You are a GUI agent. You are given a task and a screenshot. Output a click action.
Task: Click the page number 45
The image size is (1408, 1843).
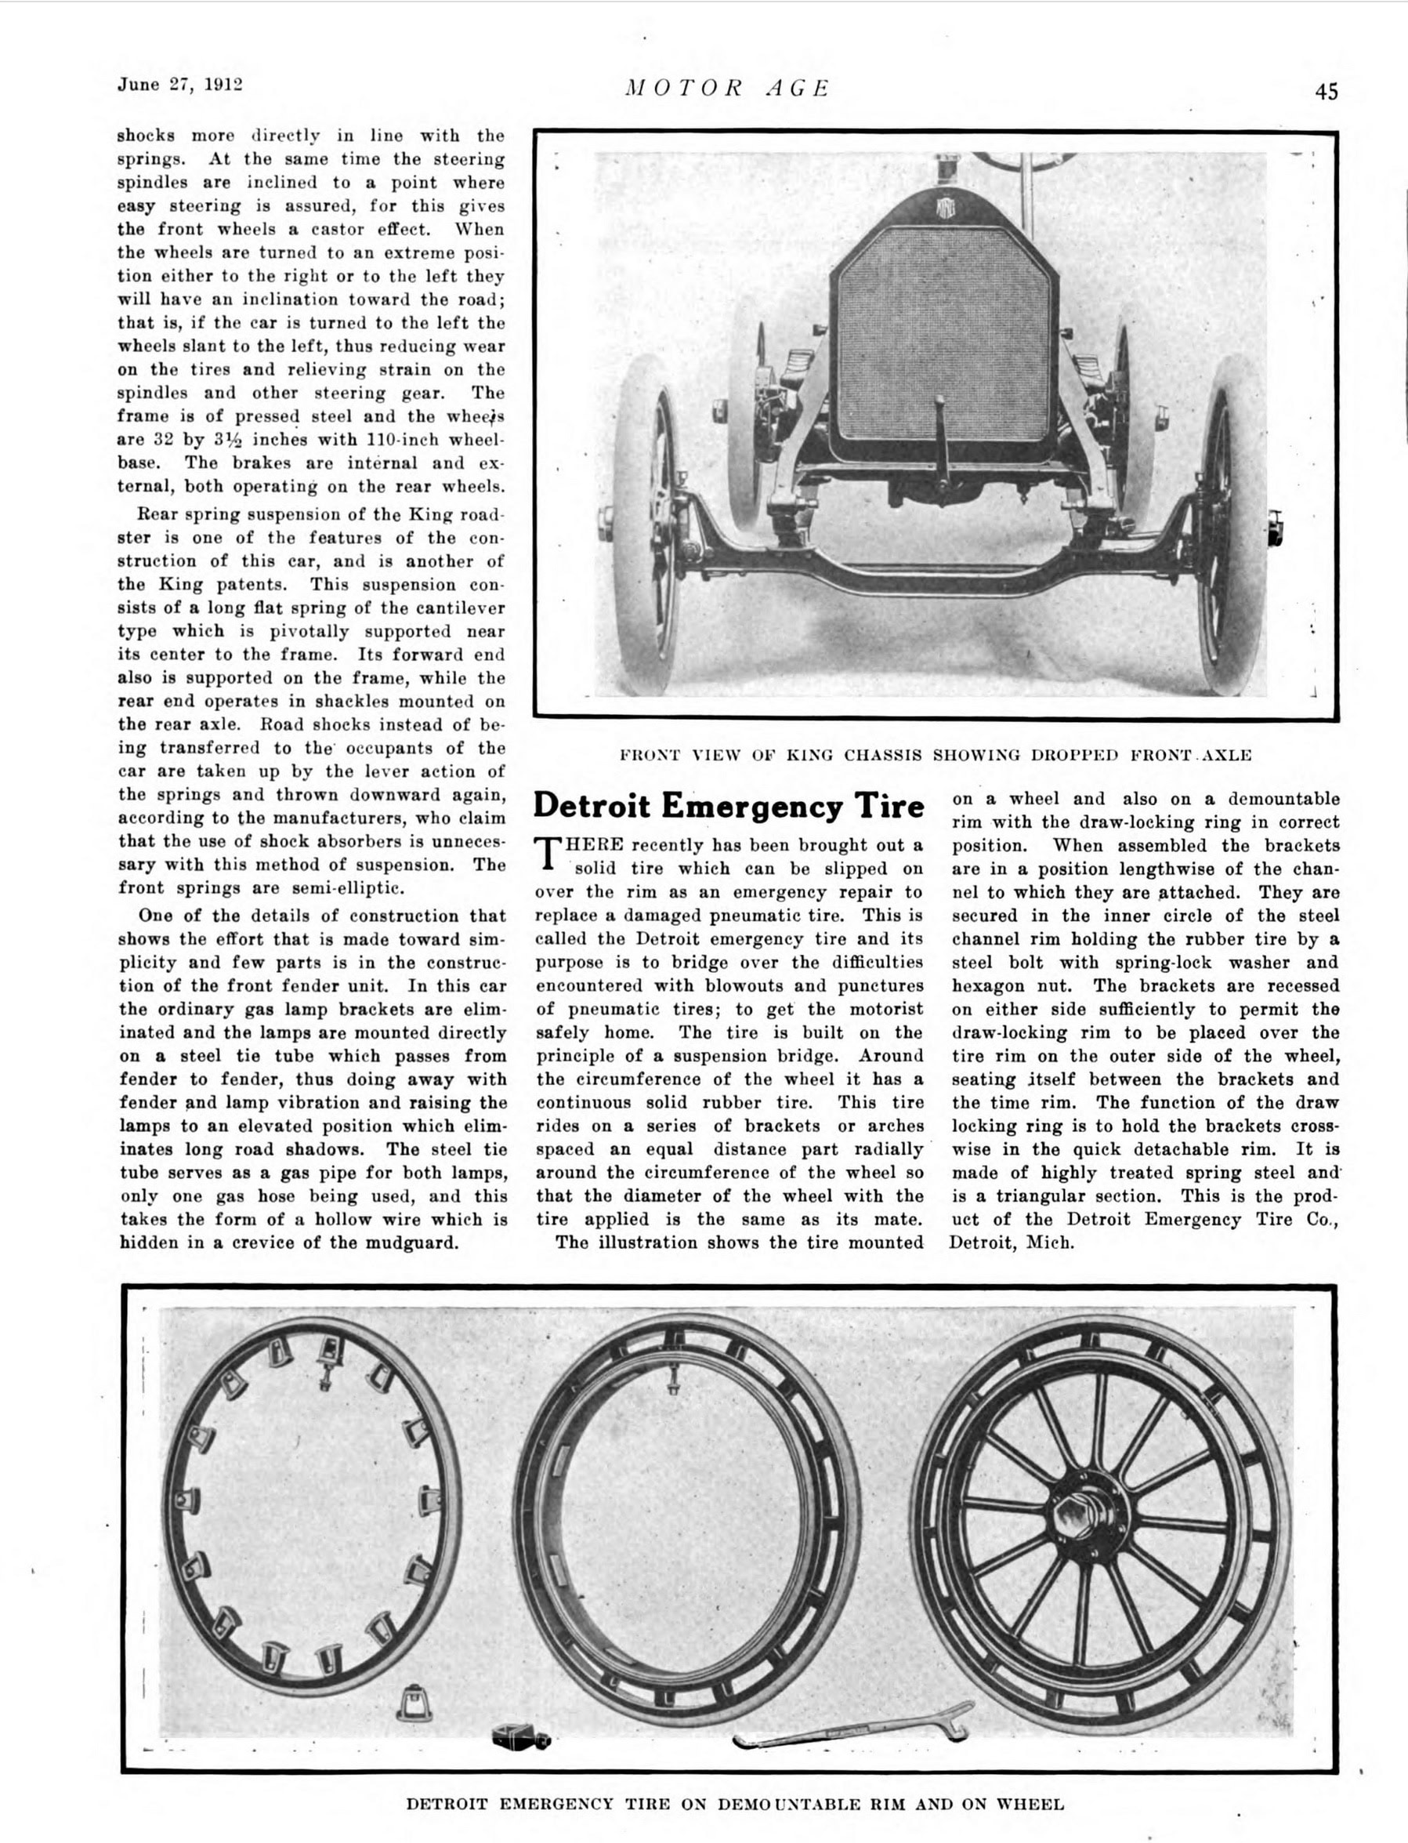[1326, 92]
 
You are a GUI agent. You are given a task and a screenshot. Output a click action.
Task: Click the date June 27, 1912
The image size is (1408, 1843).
[179, 85]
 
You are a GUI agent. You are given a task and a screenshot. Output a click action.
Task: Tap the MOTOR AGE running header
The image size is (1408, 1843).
[727, 88]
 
